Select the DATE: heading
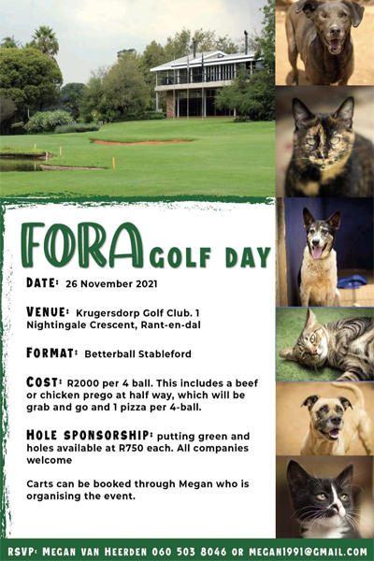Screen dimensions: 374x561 coord(42,281)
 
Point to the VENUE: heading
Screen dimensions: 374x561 coord(48,311)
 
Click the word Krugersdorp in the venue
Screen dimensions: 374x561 coord(117,312)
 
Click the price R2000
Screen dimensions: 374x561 coord(81,383)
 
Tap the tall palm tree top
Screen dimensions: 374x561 coord(42,39)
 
